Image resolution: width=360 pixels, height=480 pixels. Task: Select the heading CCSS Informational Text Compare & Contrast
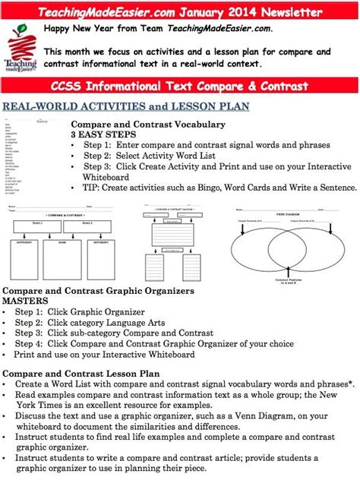point(180,85)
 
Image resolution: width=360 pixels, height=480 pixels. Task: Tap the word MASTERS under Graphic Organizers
point(26,301)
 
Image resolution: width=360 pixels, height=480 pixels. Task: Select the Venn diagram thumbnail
point(286,245)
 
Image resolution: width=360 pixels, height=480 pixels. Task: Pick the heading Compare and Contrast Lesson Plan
point(81,374)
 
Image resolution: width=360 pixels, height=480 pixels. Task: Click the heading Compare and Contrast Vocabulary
point(147,124)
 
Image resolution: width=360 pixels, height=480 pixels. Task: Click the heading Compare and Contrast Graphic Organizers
point(98,291)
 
